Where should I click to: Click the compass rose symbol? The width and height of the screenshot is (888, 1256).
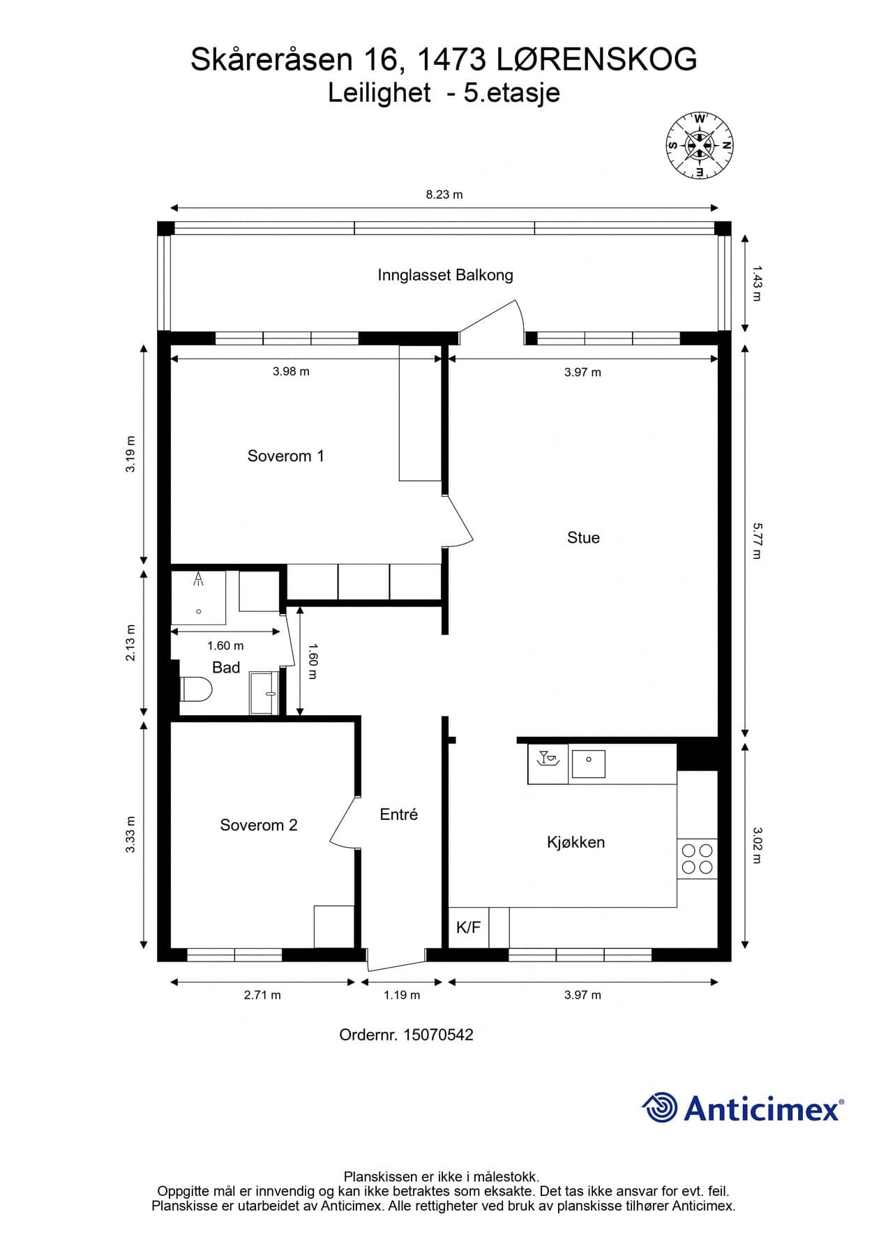pos(700,145)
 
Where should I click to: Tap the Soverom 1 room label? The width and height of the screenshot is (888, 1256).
pos(286,456)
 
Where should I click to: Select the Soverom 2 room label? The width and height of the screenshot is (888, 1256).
pos(259,825)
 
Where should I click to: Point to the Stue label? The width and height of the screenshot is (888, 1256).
pos(583,538)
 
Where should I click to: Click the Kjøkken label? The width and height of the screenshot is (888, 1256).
pos(575,842)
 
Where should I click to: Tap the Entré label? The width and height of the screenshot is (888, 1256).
pos(399,814)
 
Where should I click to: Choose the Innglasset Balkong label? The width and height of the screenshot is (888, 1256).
pos(445,275)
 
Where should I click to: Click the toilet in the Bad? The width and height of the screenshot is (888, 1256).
pos(196,689)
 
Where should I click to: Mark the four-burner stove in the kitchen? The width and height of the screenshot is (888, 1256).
pos(698,859)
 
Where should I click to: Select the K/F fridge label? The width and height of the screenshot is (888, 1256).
pos(468,927)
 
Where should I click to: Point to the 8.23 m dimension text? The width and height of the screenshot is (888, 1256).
pos(444,195)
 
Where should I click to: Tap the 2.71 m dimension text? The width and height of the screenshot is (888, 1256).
pos(262,995)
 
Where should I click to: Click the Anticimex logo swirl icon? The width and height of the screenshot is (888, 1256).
pos(660,1107)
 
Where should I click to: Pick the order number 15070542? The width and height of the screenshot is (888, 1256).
pos(438,1035)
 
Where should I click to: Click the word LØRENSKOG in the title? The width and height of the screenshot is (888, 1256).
pos(597,60)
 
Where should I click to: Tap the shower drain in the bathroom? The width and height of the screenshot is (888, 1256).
pos(199,612)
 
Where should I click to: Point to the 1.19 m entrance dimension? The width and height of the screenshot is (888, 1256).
pos(402,995)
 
